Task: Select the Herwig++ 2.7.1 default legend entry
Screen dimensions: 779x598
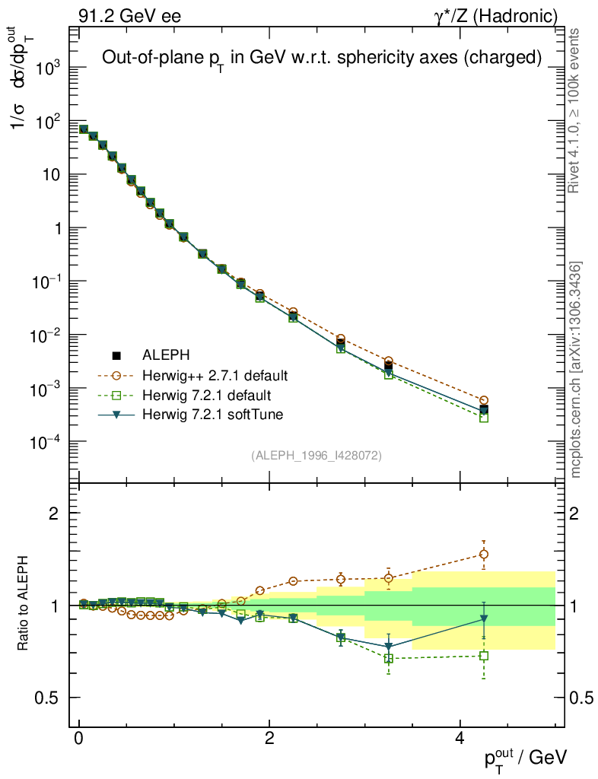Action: coord(215,376)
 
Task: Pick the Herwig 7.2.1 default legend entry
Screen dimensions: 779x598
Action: coord(207,396)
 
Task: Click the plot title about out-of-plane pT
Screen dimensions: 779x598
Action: coord(322,58)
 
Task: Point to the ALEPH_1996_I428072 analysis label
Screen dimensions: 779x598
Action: coord(316,456)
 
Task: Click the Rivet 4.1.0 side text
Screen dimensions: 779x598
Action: coord(575,110)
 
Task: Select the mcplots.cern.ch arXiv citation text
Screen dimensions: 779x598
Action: coord(576,370)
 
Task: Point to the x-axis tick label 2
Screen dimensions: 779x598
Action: coord(269,739)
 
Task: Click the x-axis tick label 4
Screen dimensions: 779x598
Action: coord(460,739)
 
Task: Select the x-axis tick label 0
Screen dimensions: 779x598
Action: coord(79,739)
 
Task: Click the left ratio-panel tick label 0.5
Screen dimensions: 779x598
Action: coord(47,698)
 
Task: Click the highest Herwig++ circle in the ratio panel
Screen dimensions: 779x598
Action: coord(484,555)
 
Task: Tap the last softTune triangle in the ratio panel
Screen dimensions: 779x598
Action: coord(484,619)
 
